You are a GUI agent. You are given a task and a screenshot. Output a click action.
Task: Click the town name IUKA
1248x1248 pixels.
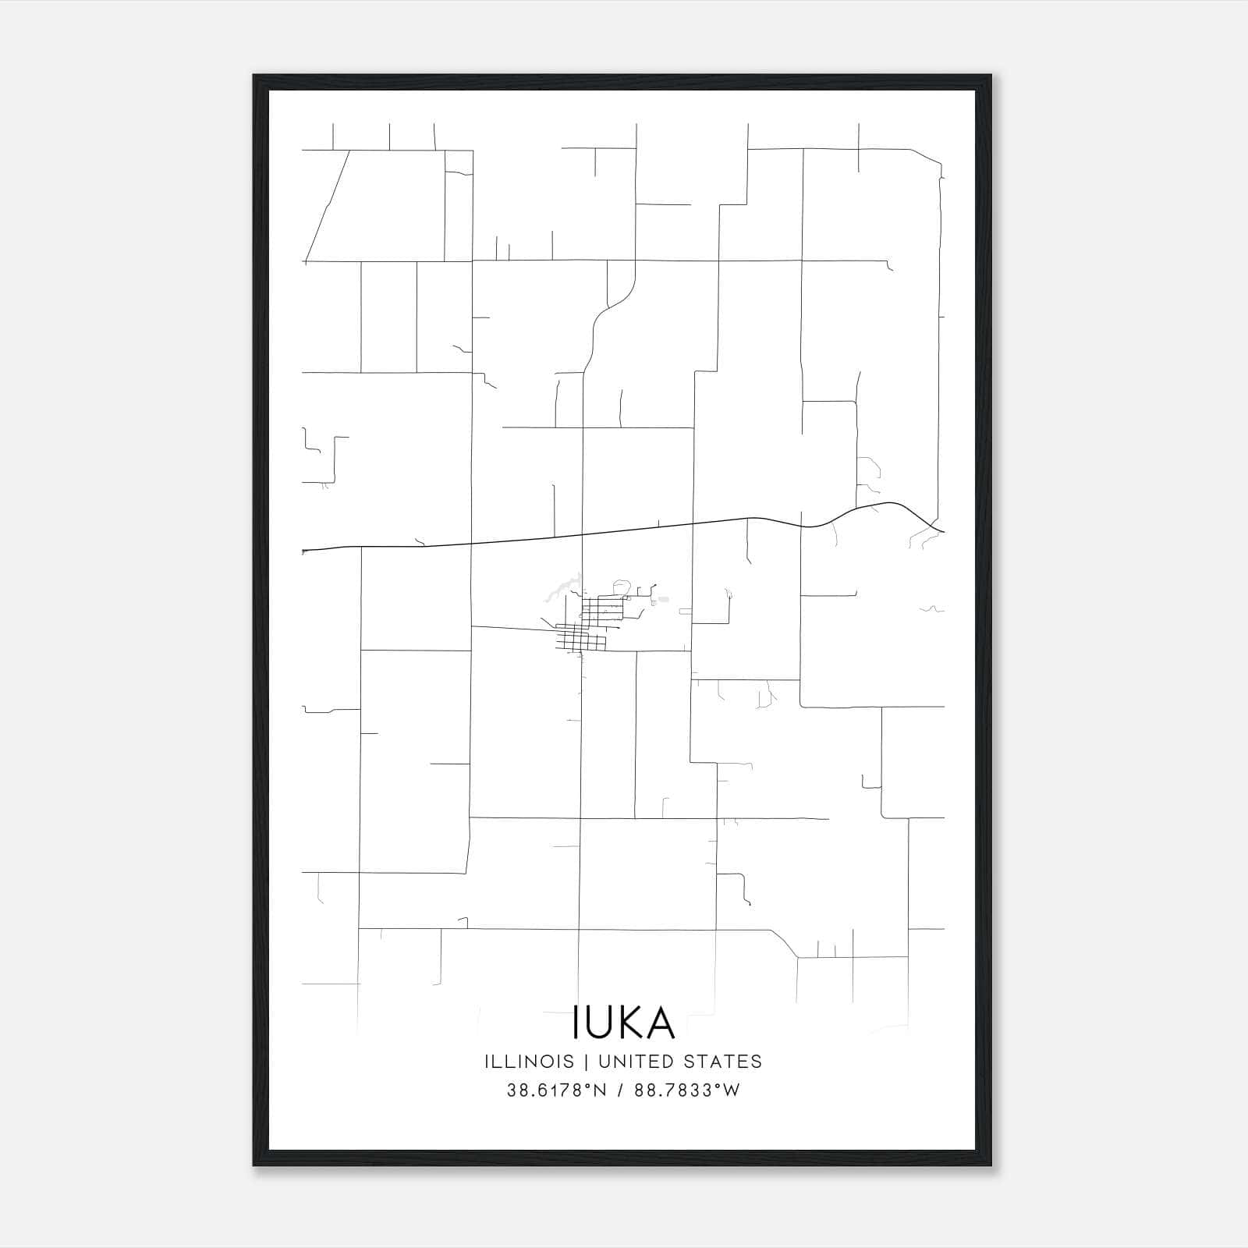pos(624,1022)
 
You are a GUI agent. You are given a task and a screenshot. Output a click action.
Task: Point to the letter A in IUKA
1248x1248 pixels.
pos(660,1022)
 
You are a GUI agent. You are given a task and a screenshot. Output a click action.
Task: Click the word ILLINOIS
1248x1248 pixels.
pos(529,1062)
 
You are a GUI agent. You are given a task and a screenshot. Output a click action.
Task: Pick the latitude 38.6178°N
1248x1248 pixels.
pos(556,1090)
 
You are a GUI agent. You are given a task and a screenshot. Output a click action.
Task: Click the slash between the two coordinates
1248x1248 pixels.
pos(621,1090)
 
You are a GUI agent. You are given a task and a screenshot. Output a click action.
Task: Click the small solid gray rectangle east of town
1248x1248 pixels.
pos(663,599)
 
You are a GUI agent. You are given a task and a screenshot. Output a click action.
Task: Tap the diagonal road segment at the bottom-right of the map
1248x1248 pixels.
pos(783,943)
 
